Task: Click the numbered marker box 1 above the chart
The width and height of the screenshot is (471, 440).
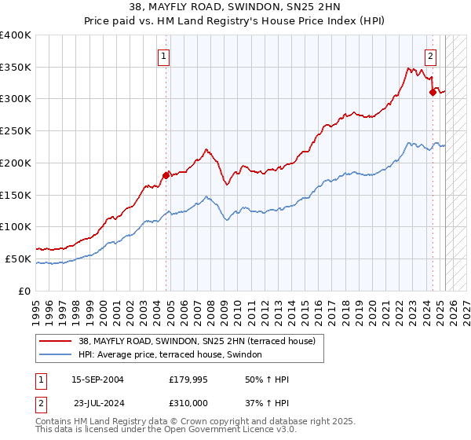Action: tap(164, 56)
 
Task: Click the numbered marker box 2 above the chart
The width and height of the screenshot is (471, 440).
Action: tap(431, 56)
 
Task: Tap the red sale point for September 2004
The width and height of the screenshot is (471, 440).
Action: tap(166, 175)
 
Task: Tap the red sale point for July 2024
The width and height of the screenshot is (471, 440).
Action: tap(433, 92)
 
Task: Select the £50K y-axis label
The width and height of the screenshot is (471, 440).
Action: tap(18, 258)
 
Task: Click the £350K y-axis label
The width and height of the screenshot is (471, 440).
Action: tap(16, 68)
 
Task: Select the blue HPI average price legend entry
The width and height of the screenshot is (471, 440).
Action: tap(173, 355)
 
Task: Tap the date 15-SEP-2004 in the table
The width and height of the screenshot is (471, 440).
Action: tap(97, 379)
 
